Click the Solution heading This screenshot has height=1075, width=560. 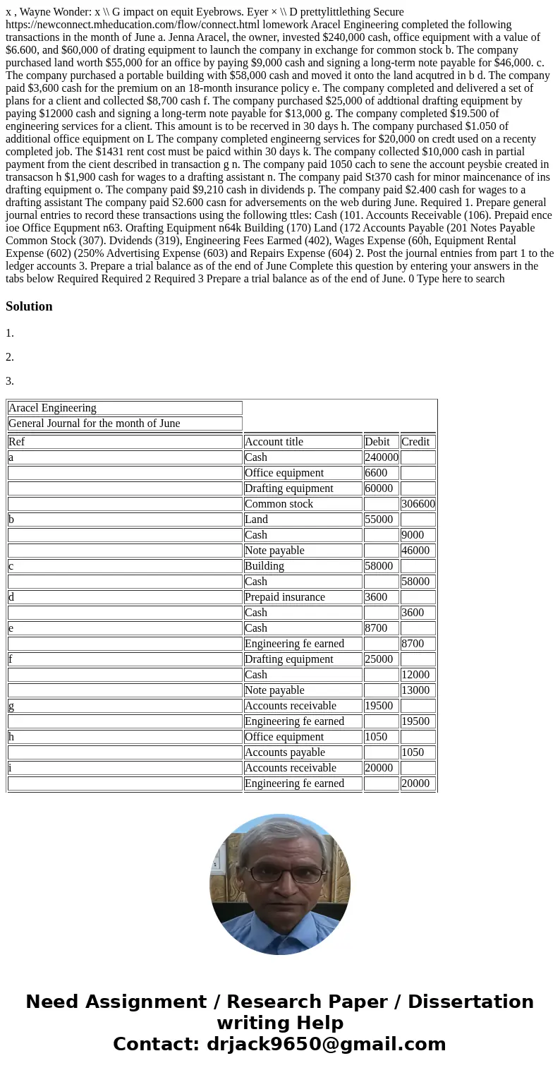tap(29, 306)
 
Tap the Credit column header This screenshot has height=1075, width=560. tap(415, 442)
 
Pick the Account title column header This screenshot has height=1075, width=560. tap(274, 442)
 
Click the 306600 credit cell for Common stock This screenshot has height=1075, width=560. tap(418, 504)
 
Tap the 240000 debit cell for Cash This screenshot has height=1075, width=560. tap(381, 457)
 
